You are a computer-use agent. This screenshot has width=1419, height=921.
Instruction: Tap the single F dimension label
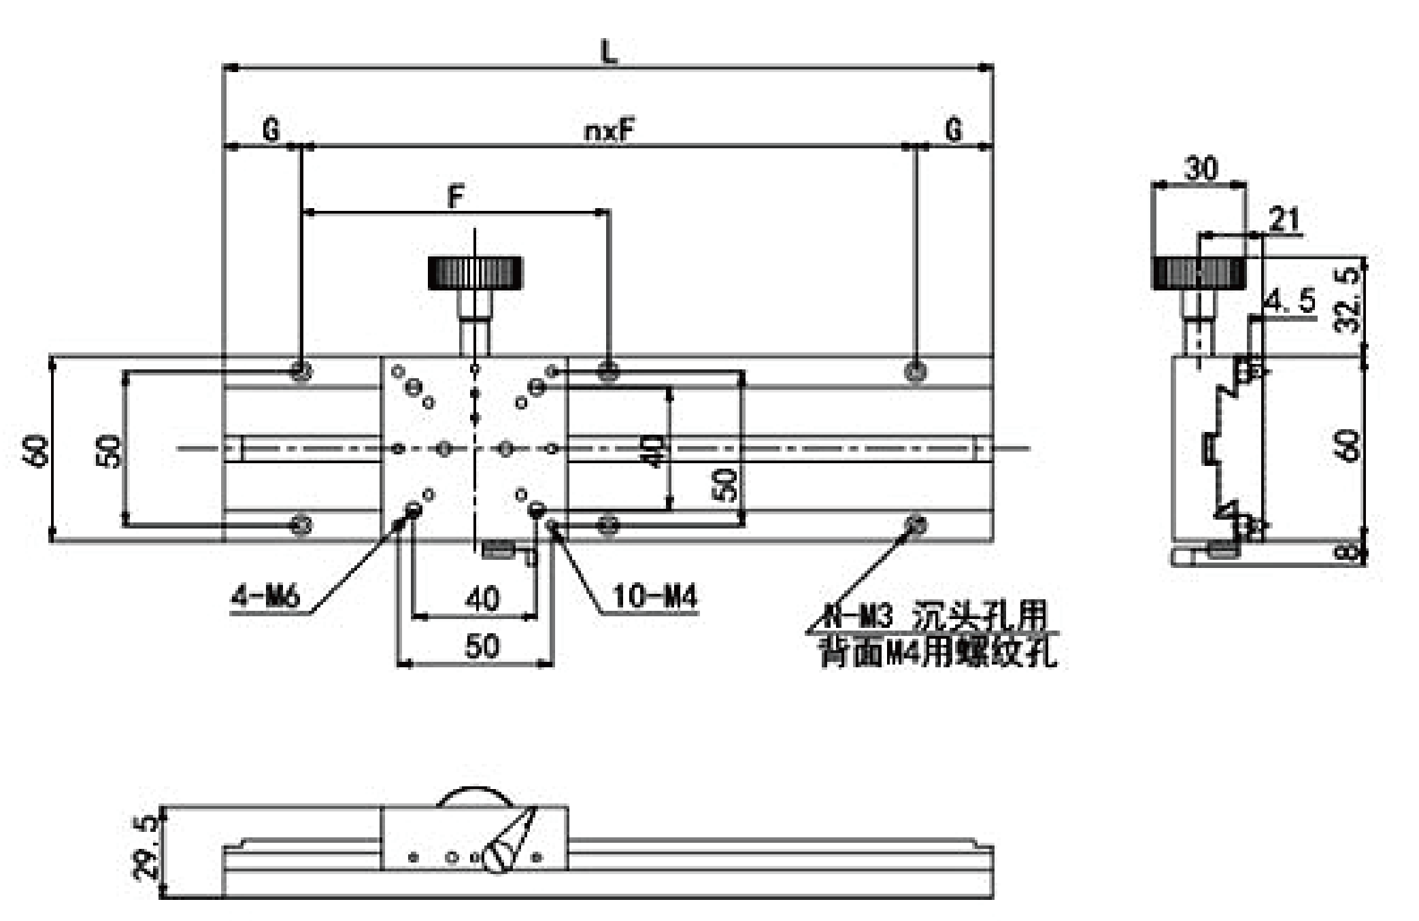[456, 197]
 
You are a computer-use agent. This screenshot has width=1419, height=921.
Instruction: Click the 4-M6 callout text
[265, 597]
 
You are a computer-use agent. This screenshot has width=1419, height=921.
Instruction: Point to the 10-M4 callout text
[654, 597]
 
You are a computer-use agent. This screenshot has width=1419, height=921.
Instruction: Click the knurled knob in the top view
[475, 273]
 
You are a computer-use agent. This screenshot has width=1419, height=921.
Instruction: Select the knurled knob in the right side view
[1199, 273]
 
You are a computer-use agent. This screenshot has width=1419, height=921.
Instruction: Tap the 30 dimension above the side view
[1201, 169]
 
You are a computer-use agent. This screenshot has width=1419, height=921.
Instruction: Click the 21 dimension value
[1284, 220]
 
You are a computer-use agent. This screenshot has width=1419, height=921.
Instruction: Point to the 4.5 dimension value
[1290, 301]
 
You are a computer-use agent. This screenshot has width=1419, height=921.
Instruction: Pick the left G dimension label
[271, 129]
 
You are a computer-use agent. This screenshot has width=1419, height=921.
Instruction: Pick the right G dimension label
[954, 129]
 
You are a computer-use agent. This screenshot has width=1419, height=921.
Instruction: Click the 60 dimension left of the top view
[37, 450]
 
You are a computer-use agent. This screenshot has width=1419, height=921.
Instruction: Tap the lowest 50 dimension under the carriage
[482, 646]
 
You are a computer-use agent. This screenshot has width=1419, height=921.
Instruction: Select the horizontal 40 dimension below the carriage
[482, 599]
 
